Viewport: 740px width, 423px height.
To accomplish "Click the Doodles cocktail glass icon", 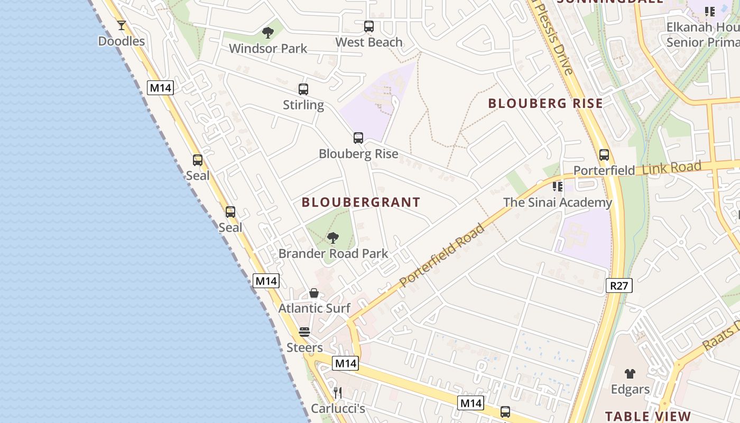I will click(122, 25).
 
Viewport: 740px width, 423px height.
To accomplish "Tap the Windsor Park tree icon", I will click(268, 33).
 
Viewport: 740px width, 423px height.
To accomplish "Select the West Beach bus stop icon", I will click(369, 26).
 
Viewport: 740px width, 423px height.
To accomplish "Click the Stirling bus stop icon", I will click(303, 89).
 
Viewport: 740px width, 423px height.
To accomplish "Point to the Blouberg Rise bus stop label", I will click(358, 154).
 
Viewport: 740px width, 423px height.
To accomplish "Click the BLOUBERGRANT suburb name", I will click(361, 202).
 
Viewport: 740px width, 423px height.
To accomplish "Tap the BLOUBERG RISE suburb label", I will click(545, 103).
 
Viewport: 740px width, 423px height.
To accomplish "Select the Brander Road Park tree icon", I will click(333, 238).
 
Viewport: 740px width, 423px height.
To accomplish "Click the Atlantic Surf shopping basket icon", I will click(314, 293).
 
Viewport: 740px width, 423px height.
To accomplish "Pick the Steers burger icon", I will click(304, 332).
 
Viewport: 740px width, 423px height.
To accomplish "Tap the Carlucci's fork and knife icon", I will click(338, 393).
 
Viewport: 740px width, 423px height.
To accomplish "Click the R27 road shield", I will click(619, 286).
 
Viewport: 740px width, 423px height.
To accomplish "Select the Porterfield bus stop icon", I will click(604, 155).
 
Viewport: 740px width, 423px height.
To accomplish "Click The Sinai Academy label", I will click(558, 203).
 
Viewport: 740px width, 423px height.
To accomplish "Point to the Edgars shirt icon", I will click(630, 374).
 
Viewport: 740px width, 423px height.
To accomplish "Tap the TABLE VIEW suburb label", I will click(648, 416).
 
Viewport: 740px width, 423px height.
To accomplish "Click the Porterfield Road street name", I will click(442, 256).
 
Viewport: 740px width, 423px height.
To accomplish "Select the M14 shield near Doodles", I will click(160, 88).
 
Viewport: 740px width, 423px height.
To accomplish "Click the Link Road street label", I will click(672, 169).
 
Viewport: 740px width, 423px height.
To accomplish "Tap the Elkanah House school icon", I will click(709, 11).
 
